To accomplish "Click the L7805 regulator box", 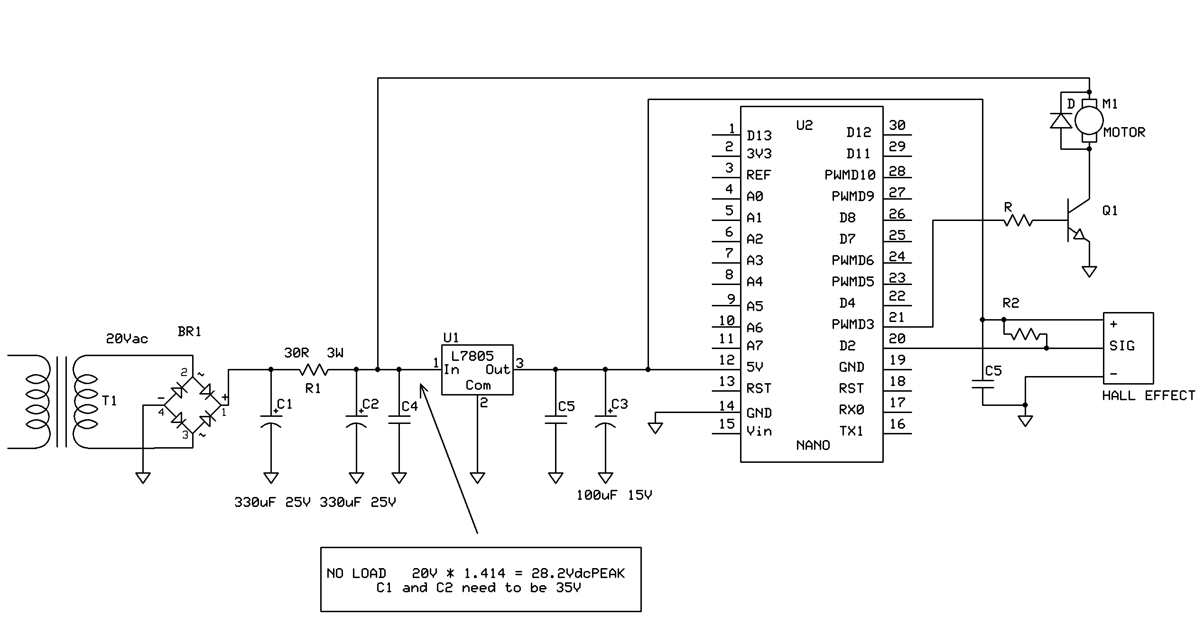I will (x=477, y=370).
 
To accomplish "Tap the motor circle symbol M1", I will (x=1089, y=120).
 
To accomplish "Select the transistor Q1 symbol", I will (x=1077, y=221).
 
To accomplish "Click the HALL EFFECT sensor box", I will (x=1128, y=348).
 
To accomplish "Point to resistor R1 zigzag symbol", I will (x=314, y=369).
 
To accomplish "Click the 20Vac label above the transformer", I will (x=127, y=339).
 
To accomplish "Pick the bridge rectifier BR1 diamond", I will (x=193, y=405).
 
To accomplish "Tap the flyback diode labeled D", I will (x=1061, y=121).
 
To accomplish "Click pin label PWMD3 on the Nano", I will (x=852, y=324).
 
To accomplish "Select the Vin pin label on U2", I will (x=759, y=431).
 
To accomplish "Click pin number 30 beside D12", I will (x=897, y=125).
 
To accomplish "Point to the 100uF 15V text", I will (x=614, y=495).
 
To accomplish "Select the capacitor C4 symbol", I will (x=399, y=420).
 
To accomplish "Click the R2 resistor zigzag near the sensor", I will (x=1025, y=335).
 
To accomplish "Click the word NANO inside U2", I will (x=813, y=445).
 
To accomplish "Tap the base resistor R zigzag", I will (x=1018, y=221).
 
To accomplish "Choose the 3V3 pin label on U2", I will (x=759, y=154).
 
